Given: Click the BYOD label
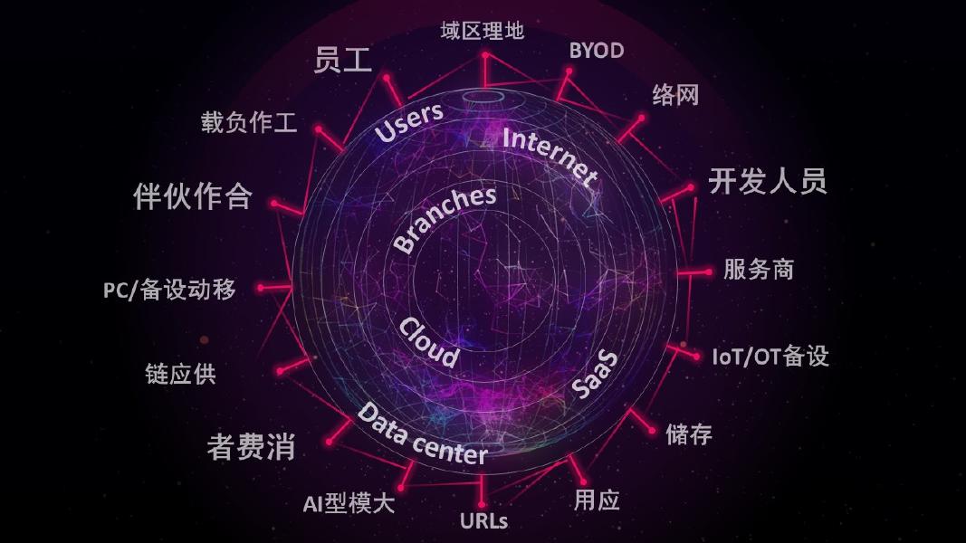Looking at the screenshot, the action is pyautogui.click(x=596, y=51).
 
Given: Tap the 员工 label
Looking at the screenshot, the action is pyautogui.click(x=343, y=60).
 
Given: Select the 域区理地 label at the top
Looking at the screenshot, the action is pyautogui.click(x=482, y=32).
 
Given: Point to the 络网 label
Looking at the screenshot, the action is pyautogui.click(x=675, y=95).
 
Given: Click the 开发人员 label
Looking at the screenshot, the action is pyautogui.click(x=767, y=182).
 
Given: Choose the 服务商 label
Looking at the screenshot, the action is pyautogui.click(x=758, y=270).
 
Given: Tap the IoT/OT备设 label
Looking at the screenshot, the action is pyautogui.click(x=770, y=356).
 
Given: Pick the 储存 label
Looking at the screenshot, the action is pyautogui.click(x=688, y=434).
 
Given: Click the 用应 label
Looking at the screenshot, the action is pyautogui.click(x=597, y=500).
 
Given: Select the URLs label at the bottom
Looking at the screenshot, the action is pyautogui.click(x=483, y=521).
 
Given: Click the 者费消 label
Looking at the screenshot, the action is pyautogui.click(x=251, y=447).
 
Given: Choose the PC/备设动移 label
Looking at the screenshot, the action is pyautogui.click(x=169, y=290).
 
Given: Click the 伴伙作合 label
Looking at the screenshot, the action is pyautogui.click(x=192, y=196).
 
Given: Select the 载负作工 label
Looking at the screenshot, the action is pyautogui.click(x=249, y=123).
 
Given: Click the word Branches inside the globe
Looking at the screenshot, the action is pyautogui.click(x=445, y=220).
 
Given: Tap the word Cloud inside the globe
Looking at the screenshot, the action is pyautogui.click(x=428, y=342).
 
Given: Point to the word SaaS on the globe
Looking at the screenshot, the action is pyautogui.click(x=595, y=374).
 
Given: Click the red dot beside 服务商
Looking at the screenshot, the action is pyautogui.click(x=708, y=271).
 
